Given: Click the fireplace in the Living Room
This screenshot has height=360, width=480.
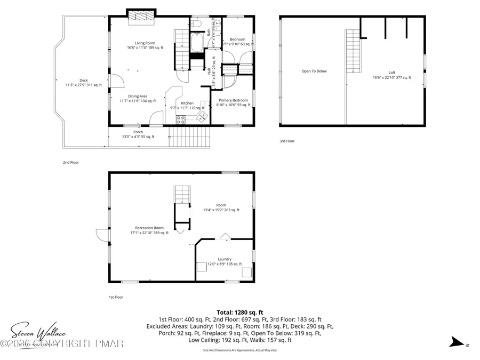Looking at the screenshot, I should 141,16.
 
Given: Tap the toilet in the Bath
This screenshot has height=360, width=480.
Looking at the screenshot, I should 195,25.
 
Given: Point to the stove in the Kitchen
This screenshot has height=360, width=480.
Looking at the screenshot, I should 181,119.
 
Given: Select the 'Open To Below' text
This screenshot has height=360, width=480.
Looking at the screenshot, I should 314,71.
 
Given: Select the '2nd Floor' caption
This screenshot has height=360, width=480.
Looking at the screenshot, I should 70,162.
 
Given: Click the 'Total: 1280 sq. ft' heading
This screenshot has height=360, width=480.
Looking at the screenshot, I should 239,313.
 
